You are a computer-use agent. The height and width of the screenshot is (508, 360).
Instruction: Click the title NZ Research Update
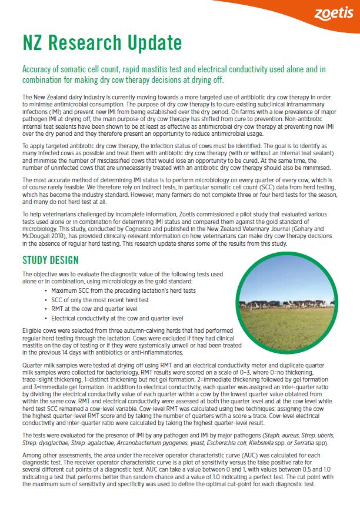(x=102, y=43)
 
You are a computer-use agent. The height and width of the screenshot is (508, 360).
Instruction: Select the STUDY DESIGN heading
(x=50, y=260)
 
